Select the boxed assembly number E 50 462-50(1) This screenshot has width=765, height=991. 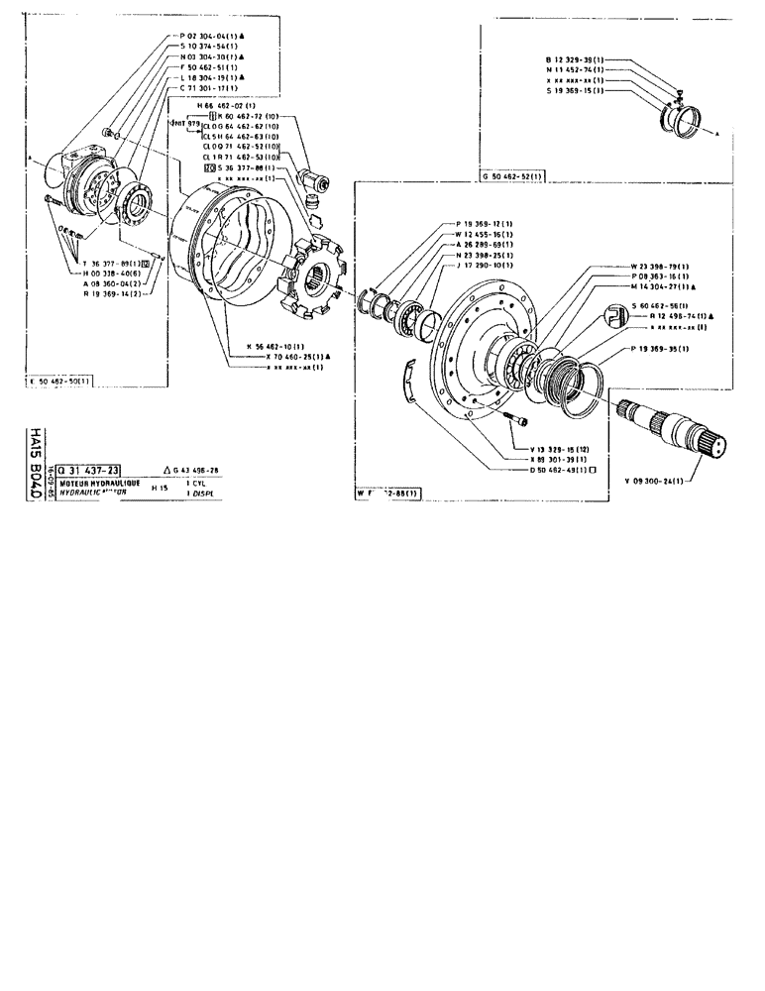[x=61, y=382]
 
